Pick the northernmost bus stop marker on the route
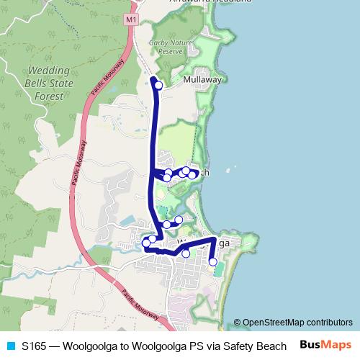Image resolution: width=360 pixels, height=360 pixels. click(x=158, y=86)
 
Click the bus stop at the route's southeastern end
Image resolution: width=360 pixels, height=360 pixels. click(x=213, y=261)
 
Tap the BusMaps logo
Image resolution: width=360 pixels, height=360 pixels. click(x=325, y=344)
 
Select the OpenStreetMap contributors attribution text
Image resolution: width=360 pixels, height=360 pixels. click(x=297, y=322)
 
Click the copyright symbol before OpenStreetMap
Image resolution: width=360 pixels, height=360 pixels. click(x=238, y=322)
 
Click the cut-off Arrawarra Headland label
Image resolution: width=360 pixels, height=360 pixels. click(x=210, y=1)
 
